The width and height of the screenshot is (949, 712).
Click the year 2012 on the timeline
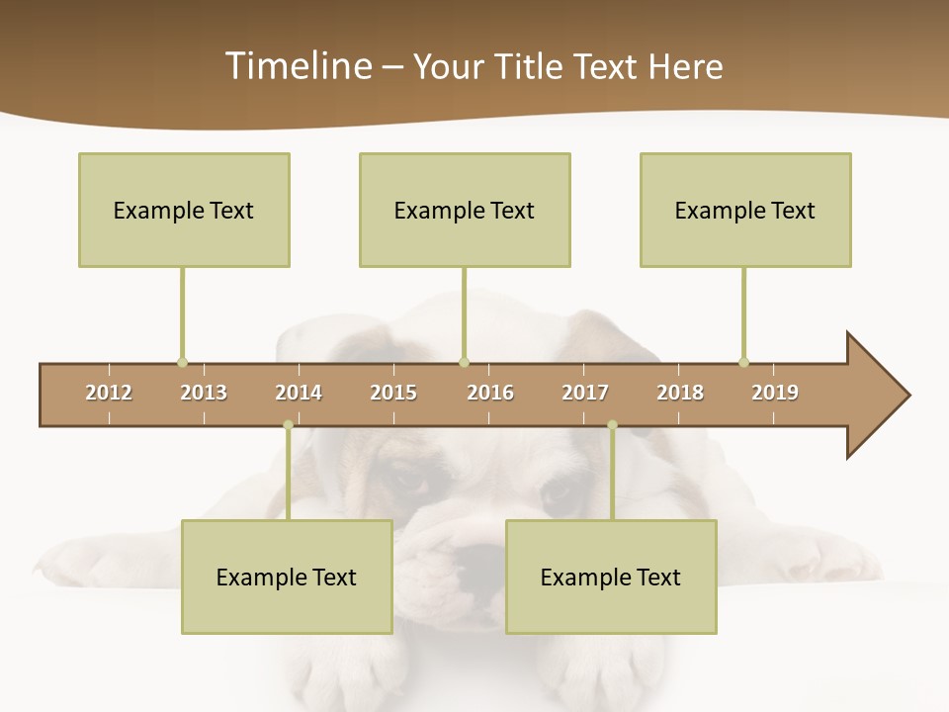[109, 393]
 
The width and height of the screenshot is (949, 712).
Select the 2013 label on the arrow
[204, 393]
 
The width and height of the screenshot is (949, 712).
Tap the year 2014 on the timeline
[299, 393]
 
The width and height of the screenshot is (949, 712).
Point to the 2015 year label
[393, 393]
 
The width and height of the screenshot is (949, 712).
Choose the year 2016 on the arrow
[490, 393]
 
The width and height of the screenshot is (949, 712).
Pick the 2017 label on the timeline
[585, 393]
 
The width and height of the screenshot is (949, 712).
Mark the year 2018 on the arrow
[680, 393]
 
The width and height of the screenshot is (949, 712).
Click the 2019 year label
[775, 393]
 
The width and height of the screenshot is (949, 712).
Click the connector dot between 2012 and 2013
[182, 362]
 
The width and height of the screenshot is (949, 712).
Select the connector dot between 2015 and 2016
[464, 362]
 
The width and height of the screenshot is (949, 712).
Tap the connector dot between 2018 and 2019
[743, 362]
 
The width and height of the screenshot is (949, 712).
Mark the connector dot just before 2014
[288, 425]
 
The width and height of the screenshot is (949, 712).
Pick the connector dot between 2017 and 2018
[612, 425]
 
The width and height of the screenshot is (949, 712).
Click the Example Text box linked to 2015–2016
[465, 210]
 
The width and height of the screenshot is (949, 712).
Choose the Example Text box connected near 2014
[287, 577]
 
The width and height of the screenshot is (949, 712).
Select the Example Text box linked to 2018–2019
[745, 210]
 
